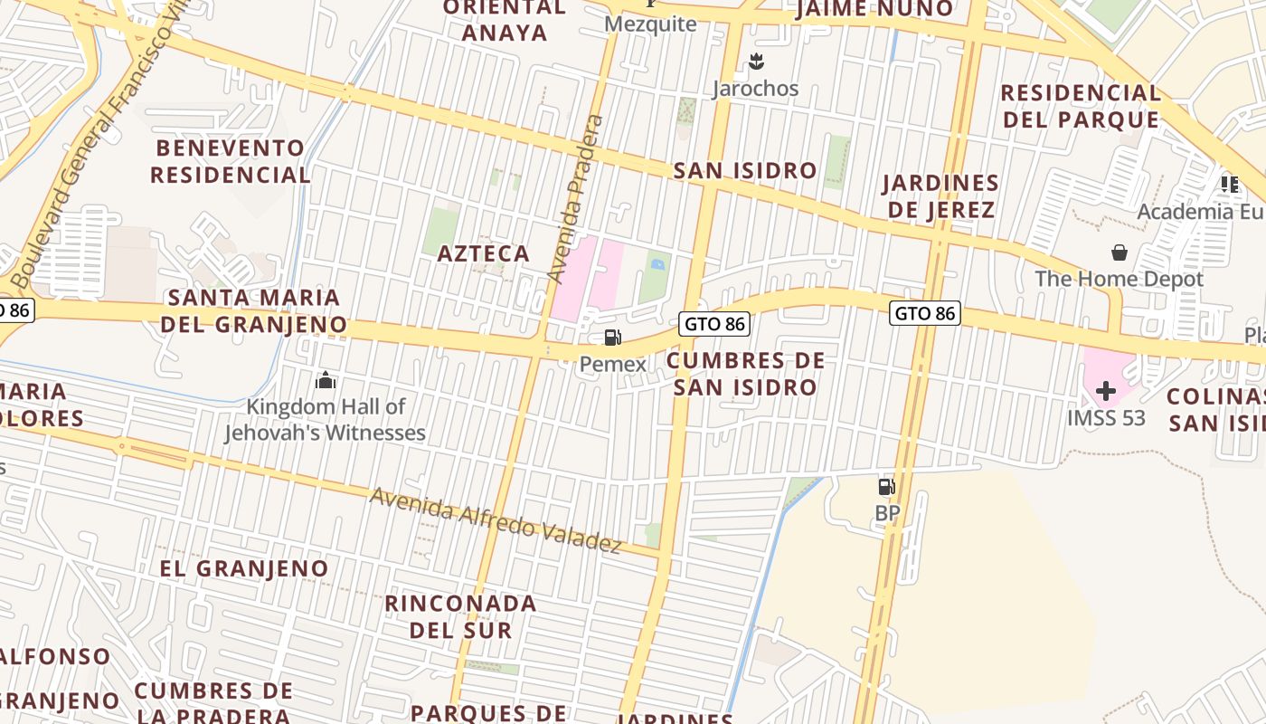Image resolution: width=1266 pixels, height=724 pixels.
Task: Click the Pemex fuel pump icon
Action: click(x=613, y=338)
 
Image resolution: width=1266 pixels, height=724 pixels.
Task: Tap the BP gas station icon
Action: click(x=887, y=487)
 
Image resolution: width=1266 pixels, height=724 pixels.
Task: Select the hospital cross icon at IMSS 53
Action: click(x=1105, y=391)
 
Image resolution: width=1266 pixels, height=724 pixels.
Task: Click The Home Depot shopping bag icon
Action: click(x=1120, y=252)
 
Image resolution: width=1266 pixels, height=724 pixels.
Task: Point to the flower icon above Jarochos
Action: click(x=756, y=62)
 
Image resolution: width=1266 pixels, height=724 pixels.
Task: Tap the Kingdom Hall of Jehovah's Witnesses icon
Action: click(x=326, y=380)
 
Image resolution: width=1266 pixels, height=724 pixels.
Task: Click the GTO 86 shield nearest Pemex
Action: click(x=714, y=323)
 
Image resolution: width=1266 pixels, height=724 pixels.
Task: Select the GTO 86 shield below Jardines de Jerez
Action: click(x=925, y=313)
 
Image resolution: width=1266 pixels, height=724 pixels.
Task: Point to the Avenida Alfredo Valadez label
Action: click(x=496, y=520)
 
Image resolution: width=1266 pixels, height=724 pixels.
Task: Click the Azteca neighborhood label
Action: click(x=484, y=253)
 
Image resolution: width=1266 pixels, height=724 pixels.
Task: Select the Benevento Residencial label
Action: click(x=230, y=161)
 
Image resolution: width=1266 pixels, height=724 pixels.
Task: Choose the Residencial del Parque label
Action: click(x=1080, y=106)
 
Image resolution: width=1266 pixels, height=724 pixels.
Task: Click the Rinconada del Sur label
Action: click(x=460, y=616)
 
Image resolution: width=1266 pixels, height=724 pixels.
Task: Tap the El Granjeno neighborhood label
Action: click(x=244, y=568)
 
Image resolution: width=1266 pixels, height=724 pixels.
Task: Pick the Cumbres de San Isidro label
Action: click(x=745, y=374)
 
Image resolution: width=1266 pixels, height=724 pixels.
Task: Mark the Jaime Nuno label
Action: click(x=874, y=9)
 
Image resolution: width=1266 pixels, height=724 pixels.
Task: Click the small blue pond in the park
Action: click(x=657, y=264)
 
